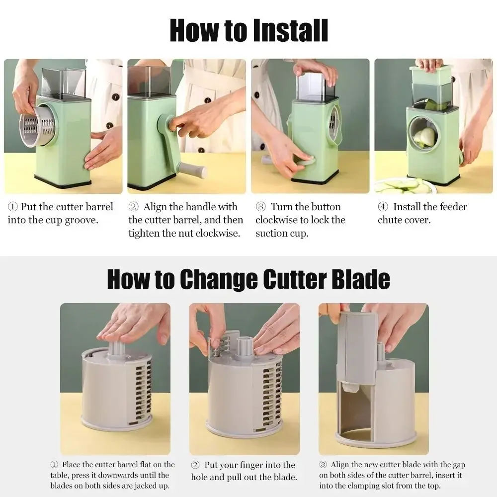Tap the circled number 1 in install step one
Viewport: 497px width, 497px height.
(12, 207)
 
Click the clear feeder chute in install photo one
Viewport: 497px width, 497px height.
(63, 82)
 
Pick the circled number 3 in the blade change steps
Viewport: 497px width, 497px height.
(323, 465)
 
